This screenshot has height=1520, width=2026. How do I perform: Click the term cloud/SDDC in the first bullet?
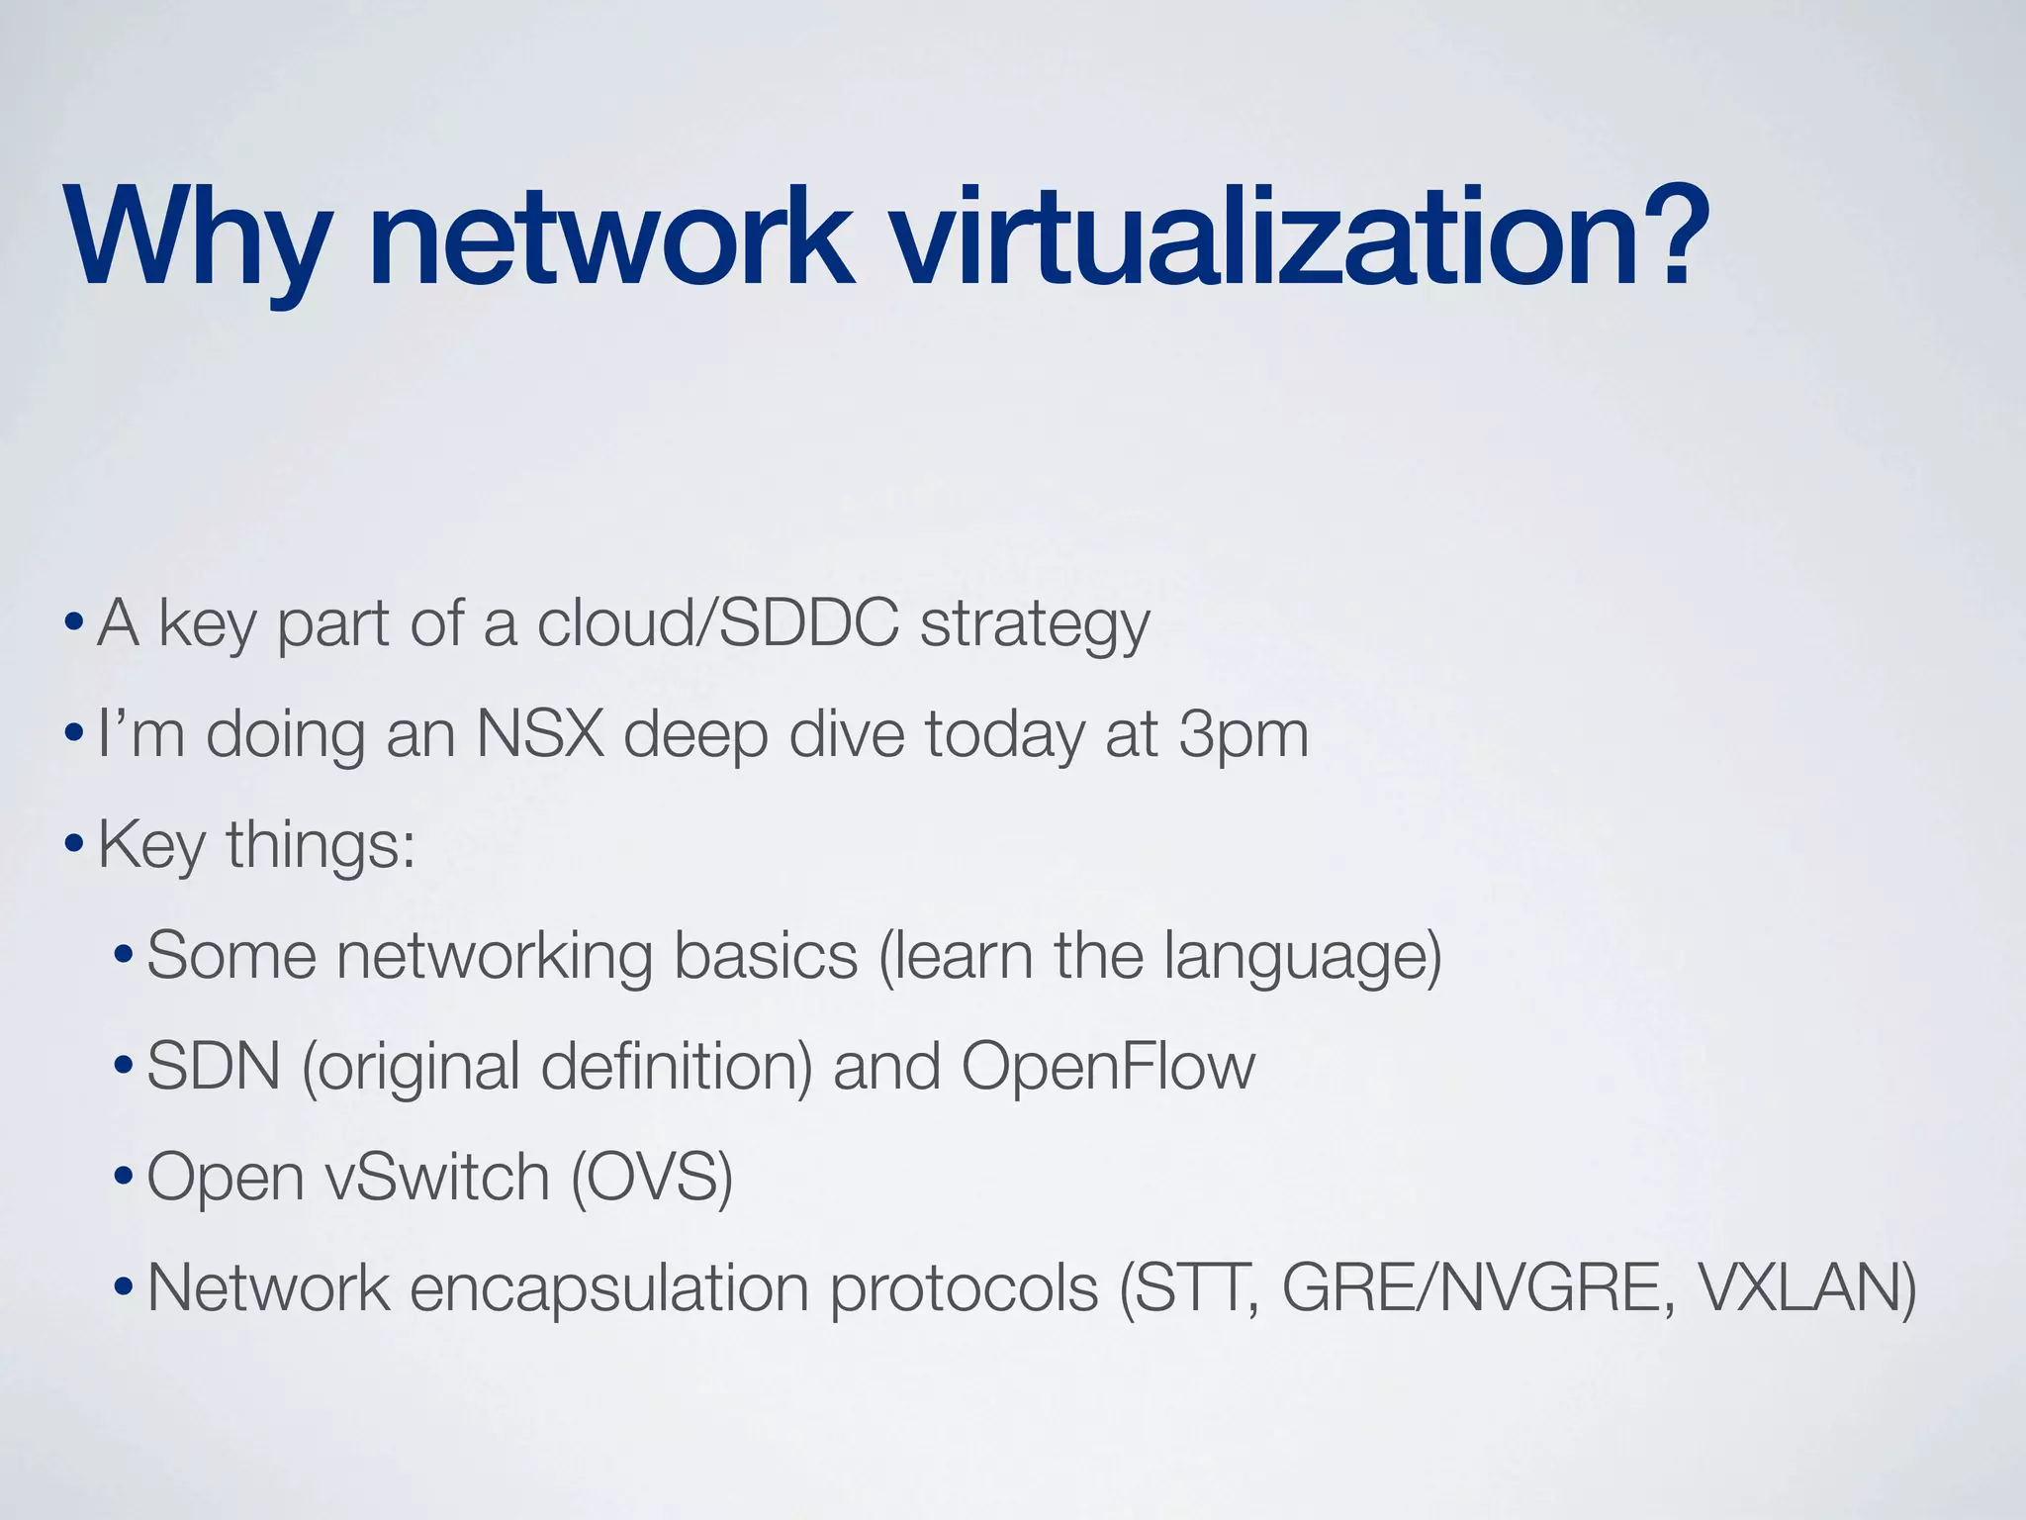click(717, 624)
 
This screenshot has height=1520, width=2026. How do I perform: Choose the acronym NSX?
click(540, 735)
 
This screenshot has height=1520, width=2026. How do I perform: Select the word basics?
click(766, 957)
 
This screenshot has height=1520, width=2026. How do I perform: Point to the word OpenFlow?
click(1108, 1068)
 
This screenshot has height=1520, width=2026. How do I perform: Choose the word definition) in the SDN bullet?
click(677, 1068)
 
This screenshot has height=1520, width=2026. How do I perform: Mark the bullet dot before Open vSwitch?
click(123, 1180)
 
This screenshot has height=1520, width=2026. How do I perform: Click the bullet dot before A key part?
click(72, 625)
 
